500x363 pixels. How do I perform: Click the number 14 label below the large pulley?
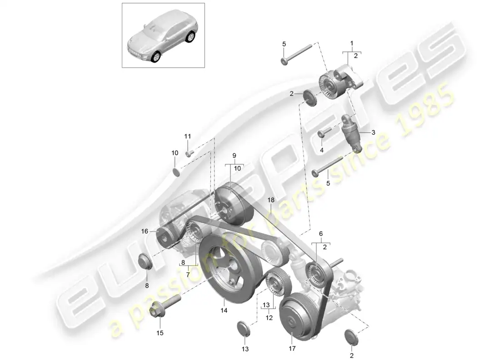click(x=224, y=311)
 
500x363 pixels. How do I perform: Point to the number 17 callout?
click(x=291, y=348)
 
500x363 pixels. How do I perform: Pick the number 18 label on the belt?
click(x=270, y=200)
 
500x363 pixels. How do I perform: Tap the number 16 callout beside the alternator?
click(x=145, y=231)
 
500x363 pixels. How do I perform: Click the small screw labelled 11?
click(x=190, y=153)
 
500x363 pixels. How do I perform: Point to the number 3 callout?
click(x=373, y=132)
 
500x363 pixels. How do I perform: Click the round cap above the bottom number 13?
click(x=244, y=329)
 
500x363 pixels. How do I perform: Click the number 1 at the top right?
click(x=351, y=43)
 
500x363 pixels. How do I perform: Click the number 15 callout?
click(x=160, y=333)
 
